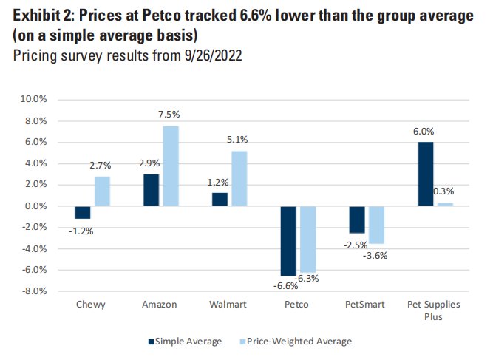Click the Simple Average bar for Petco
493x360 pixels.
coord(288,241)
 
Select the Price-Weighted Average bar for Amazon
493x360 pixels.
coord(171,166)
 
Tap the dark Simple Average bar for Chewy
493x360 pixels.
coord(82,212)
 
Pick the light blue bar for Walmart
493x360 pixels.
coord(239,178)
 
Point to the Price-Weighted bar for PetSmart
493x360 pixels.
coord(376,225)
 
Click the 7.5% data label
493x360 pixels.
coord(170,115)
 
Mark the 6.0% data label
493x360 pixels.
coord(424,131)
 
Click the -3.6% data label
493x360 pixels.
coord(375,256)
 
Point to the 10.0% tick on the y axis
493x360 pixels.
coord(34,98)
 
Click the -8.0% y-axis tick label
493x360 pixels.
coord(34,291)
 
